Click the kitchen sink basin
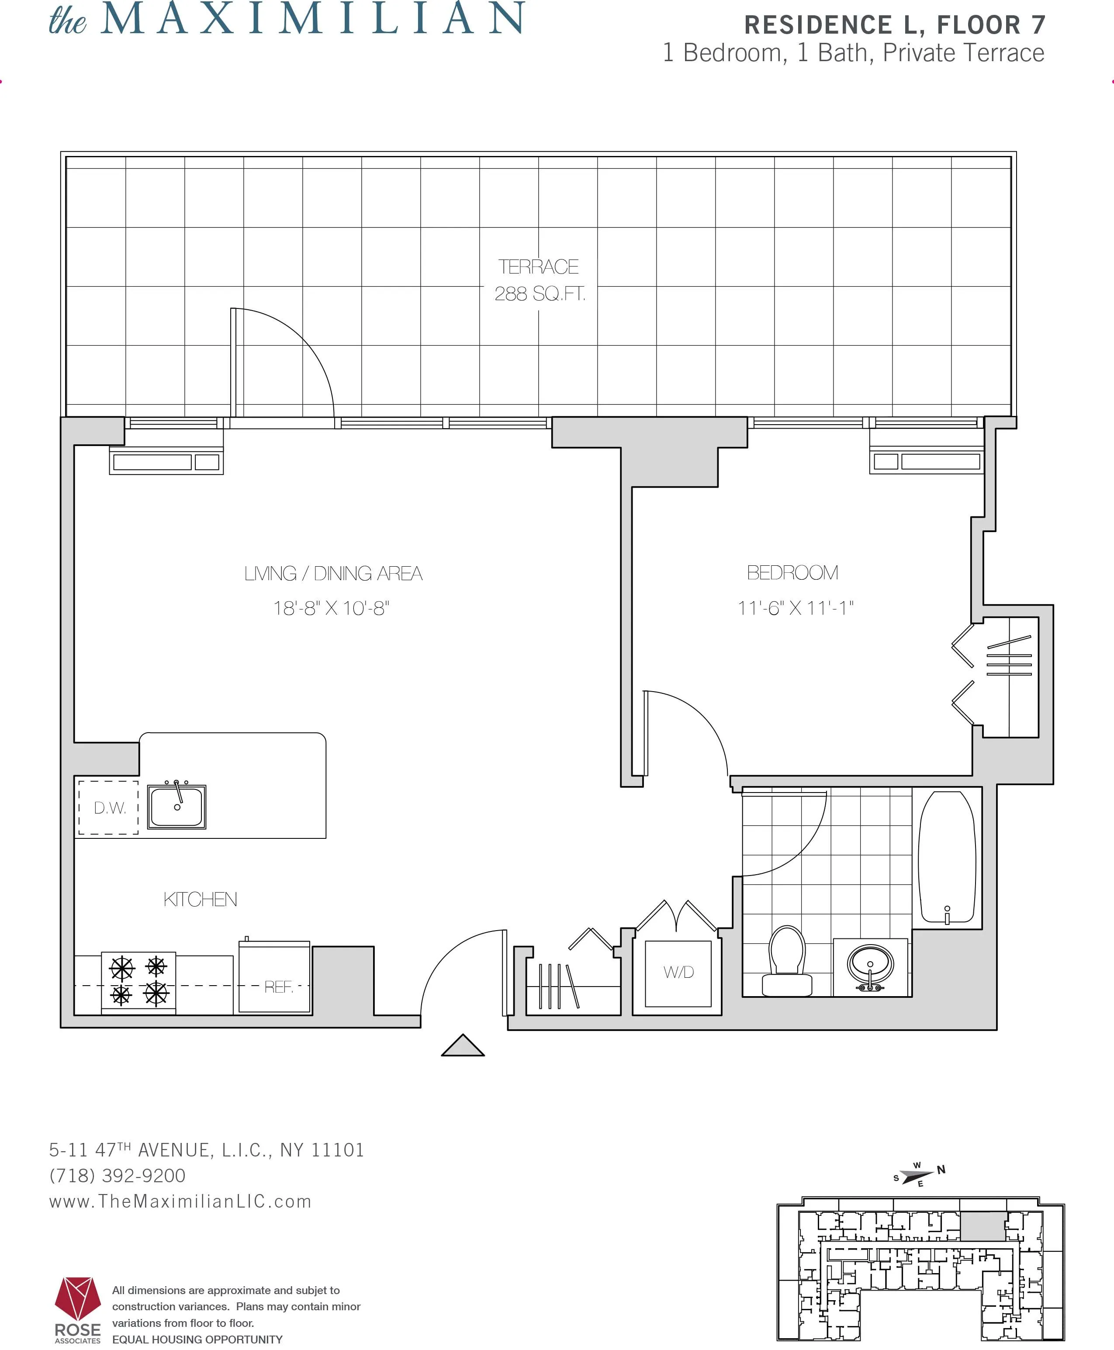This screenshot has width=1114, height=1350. click(176, 806)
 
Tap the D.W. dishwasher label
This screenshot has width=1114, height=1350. click(110, 808)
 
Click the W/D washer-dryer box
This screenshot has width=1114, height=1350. click(678, 972)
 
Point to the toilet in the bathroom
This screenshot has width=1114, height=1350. click(787, 960)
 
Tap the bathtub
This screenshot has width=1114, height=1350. click(947, 857)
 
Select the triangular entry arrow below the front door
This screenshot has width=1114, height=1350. click(463, 1046)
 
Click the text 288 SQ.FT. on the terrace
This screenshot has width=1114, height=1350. click(540, 294)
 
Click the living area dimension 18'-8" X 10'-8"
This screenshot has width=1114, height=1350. click(331, 608)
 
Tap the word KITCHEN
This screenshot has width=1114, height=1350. click(200, 899)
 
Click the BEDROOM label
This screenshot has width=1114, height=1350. click(792, 572)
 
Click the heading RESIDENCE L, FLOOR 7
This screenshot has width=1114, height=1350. click(895, 25)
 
